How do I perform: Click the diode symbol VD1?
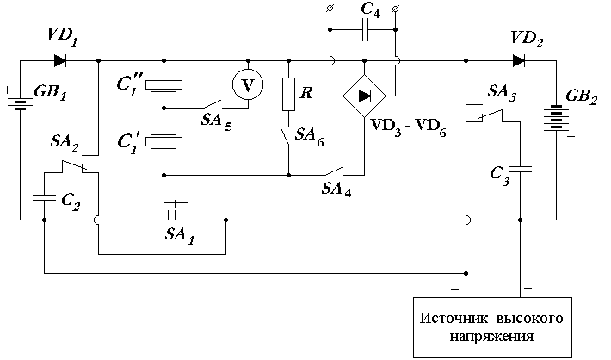(x=60, y=61)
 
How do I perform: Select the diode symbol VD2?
(x=519, y=61)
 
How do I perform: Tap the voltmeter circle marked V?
(x=248, y=84)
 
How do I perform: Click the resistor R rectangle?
(x=288, y=94)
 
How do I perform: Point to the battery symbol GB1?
(x=20, y=102)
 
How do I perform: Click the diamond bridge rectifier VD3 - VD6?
(x=364, y=96)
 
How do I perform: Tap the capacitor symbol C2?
(x=44, y=197)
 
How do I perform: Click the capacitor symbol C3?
(x=520, y=169)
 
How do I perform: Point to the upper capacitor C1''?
(x=164, y=84)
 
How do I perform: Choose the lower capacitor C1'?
(x=164, y=141)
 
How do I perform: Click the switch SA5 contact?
(x=212, y=104)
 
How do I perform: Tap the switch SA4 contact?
(x=332, y=171)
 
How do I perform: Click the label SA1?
(x=180, y=235)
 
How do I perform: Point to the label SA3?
(x=503, y=93)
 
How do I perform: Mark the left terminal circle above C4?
(x=330, y=8)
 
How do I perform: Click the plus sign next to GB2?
(x=571, y=137)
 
